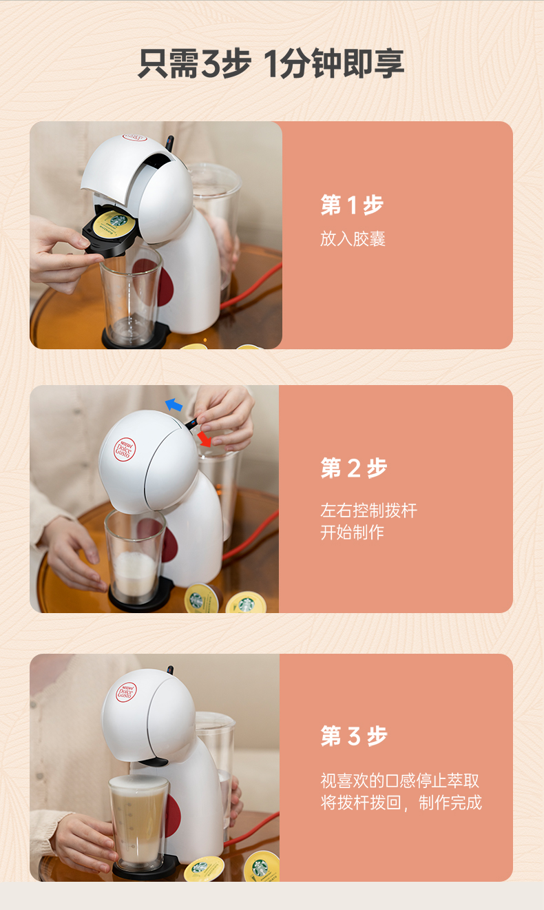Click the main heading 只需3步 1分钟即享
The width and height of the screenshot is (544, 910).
[271, 64]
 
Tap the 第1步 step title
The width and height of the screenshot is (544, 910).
[352, 205]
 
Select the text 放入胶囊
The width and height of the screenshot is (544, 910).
[353, 238]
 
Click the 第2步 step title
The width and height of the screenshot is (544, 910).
[354, 468]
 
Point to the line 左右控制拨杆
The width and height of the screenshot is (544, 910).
[368, 510]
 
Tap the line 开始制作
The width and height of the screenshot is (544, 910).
[352, 532]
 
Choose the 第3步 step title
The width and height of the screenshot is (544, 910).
[354, 736]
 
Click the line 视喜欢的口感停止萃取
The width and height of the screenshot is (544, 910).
[400, 780]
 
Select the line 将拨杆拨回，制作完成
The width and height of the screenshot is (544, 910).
[401, 803]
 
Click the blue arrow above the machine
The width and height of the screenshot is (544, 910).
[174, 405]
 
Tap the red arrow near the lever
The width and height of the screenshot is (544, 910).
[205, 440]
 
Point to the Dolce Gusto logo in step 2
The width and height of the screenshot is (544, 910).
[124, 449]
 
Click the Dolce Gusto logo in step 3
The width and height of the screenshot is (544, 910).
[126, 692]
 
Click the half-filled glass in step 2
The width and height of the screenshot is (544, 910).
[135, 557]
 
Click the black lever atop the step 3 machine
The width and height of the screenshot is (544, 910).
[170, 670]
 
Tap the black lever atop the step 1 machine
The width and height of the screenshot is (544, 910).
[169, 143]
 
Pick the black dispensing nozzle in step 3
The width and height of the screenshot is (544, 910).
[152, 762]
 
